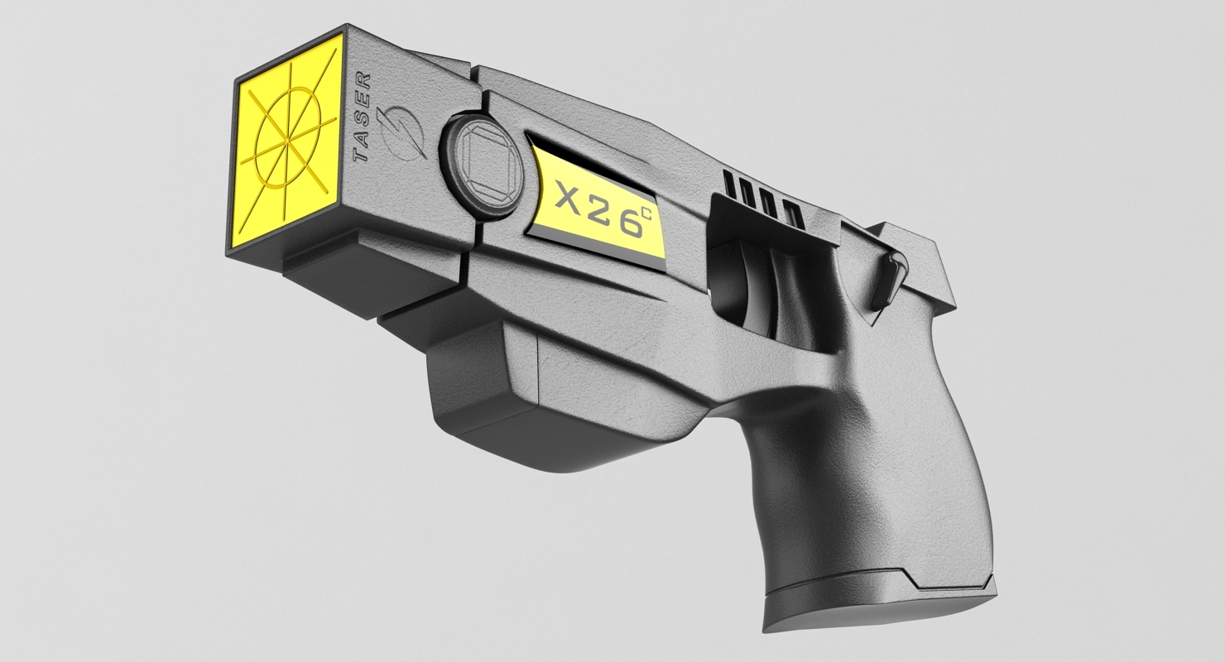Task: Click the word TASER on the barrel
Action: point(362,119)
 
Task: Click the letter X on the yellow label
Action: point(571,196)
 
